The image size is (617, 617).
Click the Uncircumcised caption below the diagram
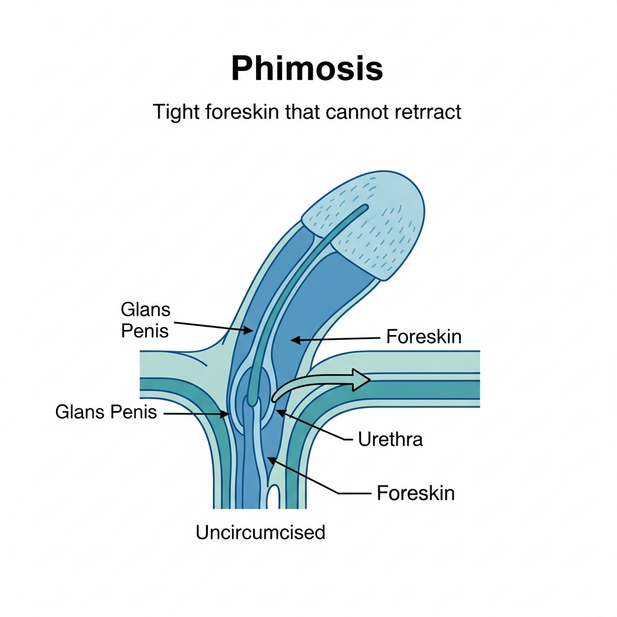260,532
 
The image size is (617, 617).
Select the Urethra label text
390,439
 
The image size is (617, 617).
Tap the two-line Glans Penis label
146,320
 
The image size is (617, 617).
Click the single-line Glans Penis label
106,412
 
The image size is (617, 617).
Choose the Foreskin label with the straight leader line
424,337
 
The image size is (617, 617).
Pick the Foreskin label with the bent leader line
416,493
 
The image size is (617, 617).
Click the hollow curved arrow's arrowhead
362,380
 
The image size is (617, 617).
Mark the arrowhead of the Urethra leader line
278,411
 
